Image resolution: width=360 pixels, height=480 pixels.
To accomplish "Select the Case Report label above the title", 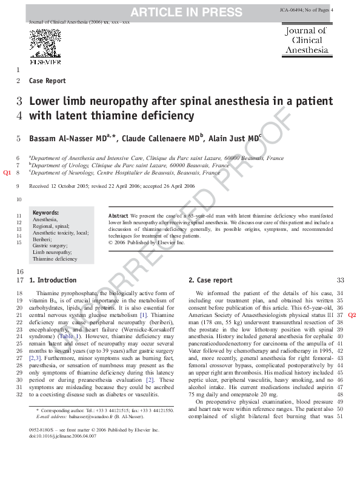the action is coord(47,81).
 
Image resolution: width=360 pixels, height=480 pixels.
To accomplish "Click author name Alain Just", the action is coord(232,138).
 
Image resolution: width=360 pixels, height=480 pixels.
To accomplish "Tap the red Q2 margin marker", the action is coord(352,315).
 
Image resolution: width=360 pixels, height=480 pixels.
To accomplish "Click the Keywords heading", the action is coord(45,213).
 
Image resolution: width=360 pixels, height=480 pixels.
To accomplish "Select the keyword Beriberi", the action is coord(44,239).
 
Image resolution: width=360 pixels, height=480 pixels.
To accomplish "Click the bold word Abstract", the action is coord(118,216).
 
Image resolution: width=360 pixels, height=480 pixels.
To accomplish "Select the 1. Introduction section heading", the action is coord(53,281).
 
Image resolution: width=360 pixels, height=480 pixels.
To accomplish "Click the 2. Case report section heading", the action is coord(210,281).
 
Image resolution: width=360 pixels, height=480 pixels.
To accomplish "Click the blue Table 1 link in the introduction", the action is coord(67,336).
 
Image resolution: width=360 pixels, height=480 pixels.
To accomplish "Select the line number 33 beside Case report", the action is coord(340,281).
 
